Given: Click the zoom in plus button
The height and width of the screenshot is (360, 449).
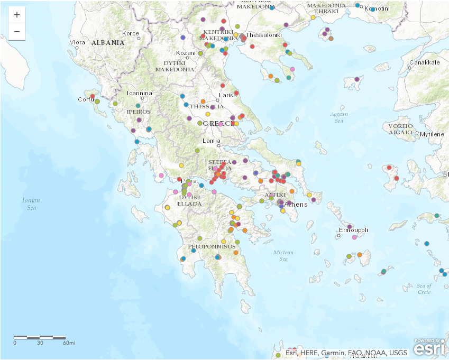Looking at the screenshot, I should [x=17, y=15].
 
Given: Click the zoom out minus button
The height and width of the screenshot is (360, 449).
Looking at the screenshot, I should [x=17, y=32].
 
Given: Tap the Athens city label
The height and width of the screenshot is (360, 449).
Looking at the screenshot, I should [x=296, y=205].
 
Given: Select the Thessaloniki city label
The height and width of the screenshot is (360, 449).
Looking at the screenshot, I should [x=264, y=35].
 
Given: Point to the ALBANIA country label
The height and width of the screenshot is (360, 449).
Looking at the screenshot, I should [x=108, y=42].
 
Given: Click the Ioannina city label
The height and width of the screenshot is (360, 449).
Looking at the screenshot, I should [x=140, y=94].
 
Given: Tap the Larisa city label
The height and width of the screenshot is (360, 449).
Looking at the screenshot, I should [x=228, y=95].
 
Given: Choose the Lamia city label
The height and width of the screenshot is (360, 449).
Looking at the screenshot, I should [x=212, y=141].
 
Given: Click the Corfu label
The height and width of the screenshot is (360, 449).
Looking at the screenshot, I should [x=86, y=99].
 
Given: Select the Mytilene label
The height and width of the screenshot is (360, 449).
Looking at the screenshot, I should [x=432, y=134].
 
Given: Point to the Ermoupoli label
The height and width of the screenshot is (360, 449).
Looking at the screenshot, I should [x=353, y=230].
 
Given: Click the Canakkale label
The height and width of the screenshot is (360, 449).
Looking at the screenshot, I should [x=424, y=62].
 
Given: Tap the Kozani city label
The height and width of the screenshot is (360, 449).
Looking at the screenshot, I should [x=186, y=53].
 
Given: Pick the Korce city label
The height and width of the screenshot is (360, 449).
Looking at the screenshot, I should [x=130, y=33].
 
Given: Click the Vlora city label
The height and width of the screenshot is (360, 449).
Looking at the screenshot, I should [x=77, y=42].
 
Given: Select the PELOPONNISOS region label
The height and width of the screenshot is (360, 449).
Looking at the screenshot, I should [x=212, y=246].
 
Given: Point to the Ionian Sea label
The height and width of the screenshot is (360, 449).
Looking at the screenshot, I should [x=31, y=204].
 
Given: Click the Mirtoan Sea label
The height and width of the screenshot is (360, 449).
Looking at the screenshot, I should [x=283, y=255].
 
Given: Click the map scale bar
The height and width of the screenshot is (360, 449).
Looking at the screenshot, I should [x=40, y=337].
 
